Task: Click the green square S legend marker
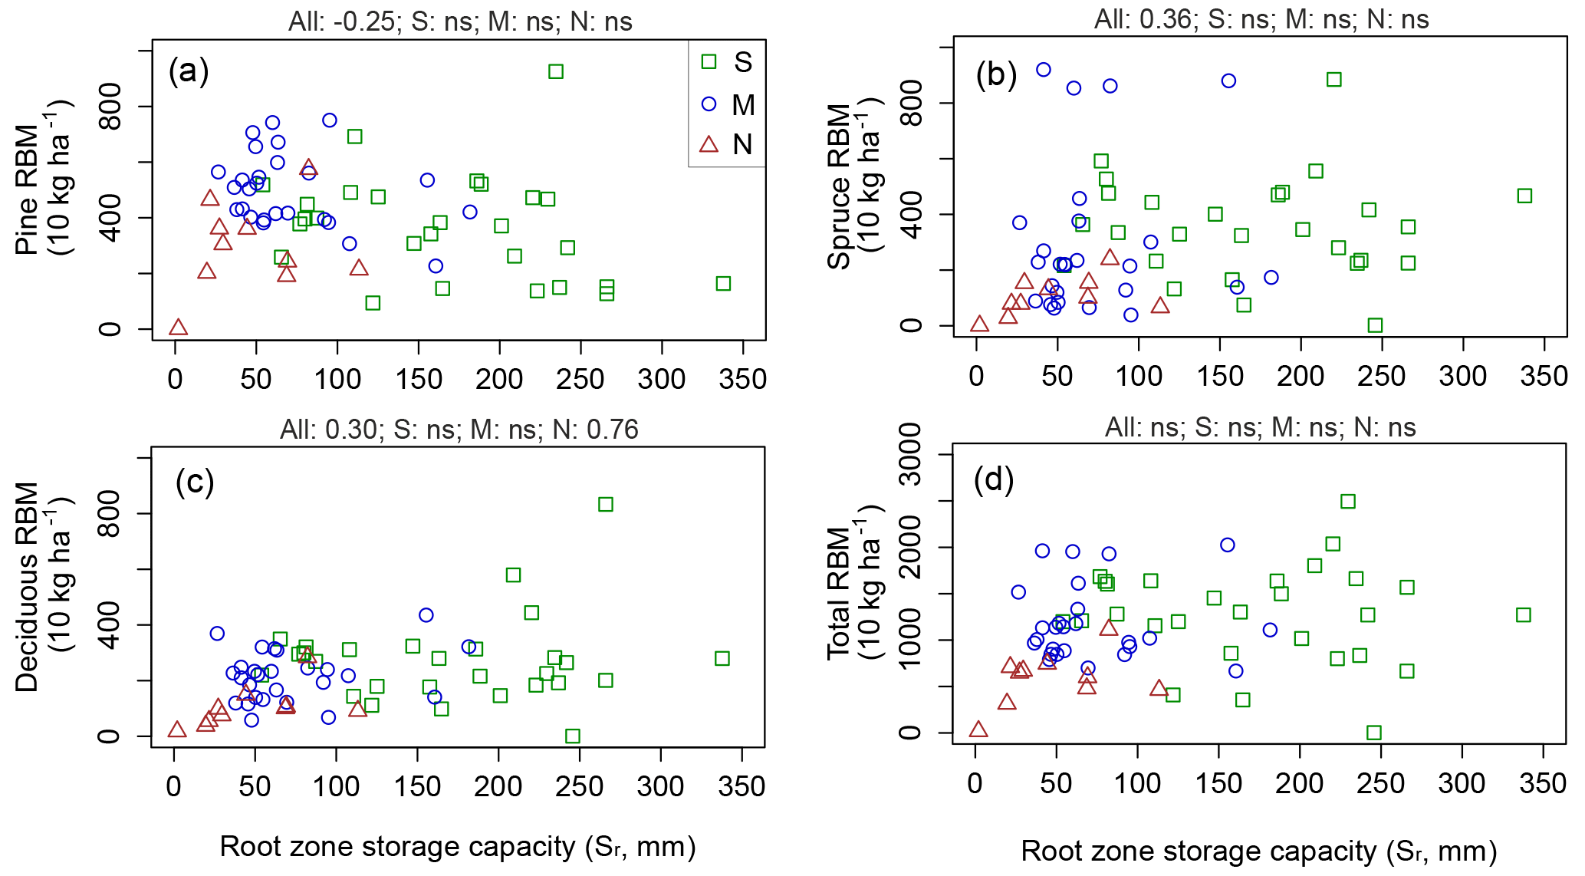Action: (709, 61)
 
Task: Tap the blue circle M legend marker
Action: (709, 104)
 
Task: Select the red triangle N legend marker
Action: (709, 144)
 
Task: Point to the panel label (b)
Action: (996, 75)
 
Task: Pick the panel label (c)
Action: (195, 482)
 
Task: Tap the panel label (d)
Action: (994, 481)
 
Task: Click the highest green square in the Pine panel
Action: (556, 71)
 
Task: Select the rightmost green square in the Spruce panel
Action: (1524, 196)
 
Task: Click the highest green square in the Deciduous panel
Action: (606, 504)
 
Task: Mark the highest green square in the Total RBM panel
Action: (1347, 502)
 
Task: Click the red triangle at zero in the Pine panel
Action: (178, 328)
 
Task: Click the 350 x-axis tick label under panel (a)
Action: (742, 379)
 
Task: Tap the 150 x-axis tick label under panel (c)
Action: (417, 786)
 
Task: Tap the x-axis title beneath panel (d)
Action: (1259, 851)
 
